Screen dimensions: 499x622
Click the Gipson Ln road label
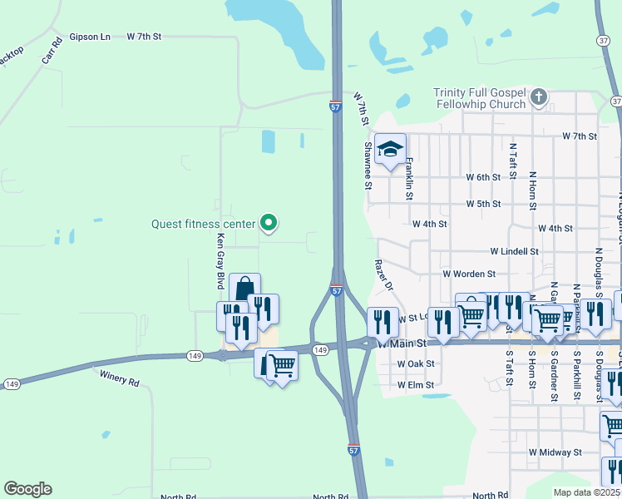tap(90, 37)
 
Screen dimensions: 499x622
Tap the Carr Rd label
tap(52, 53)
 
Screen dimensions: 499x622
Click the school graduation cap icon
tap(390, 150)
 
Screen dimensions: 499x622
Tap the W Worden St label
tap(469, 273)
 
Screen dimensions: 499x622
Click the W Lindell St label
tap(514, 250)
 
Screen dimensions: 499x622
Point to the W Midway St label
tap(555, 452)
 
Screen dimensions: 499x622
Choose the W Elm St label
tap(416, 385)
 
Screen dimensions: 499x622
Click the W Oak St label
tap(416, 363)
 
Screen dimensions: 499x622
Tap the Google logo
tap(27, 489)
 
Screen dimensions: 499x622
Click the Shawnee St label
tap(367, 165)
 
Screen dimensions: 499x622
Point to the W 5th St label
tap(483, 204)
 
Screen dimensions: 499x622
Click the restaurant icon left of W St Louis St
tap(383, 320)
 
